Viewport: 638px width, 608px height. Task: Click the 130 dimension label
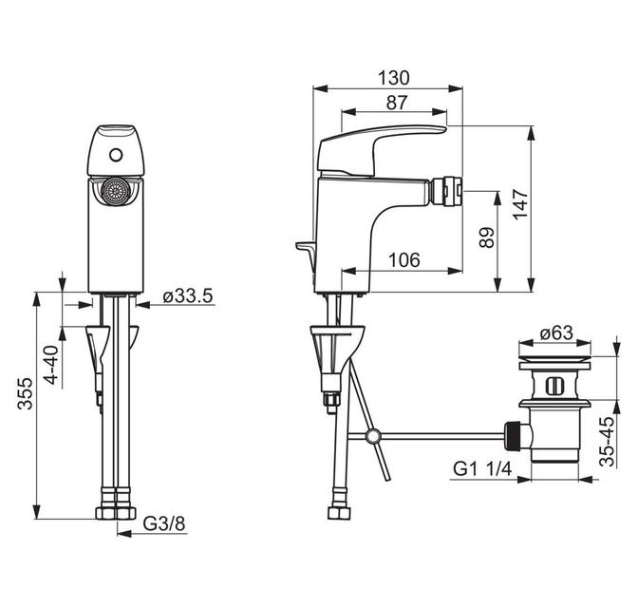point(393,78)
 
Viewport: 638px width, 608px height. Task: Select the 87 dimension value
point(396,103)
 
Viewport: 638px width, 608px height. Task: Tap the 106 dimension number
point(404,259)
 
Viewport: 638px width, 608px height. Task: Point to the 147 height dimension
point(520,204)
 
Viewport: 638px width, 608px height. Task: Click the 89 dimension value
point(487,237)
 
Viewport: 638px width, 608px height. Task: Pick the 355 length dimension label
point(25,393)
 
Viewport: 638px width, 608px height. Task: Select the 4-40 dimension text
point(51,365)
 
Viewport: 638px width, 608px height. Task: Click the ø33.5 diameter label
point(188,296)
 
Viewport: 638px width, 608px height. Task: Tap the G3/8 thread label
point(164,523)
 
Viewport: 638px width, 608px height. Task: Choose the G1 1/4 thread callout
point(482,469)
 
